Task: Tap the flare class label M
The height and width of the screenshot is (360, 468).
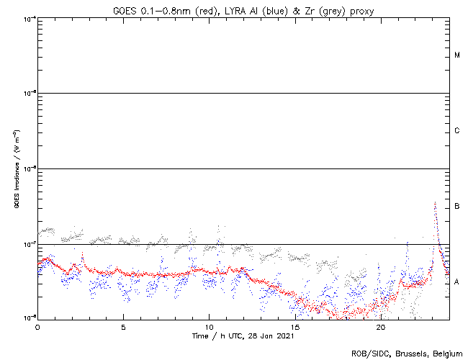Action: [457, 55]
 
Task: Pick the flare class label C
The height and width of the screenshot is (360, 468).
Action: [457, 131]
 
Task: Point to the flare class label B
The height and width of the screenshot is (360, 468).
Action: [457, 207]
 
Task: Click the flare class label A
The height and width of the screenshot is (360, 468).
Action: [457, 282]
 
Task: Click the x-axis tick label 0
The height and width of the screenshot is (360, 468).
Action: [37, 327]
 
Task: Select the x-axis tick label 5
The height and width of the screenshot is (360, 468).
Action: [123, 327]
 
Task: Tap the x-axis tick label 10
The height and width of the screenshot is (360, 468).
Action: [209, 327]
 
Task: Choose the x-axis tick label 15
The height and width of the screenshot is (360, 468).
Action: [294, 327]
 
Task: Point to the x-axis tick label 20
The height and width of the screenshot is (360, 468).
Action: [380, 327]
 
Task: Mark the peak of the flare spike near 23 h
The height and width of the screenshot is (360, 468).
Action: [435, 203]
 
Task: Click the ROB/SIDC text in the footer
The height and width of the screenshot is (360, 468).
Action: [368, 354]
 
